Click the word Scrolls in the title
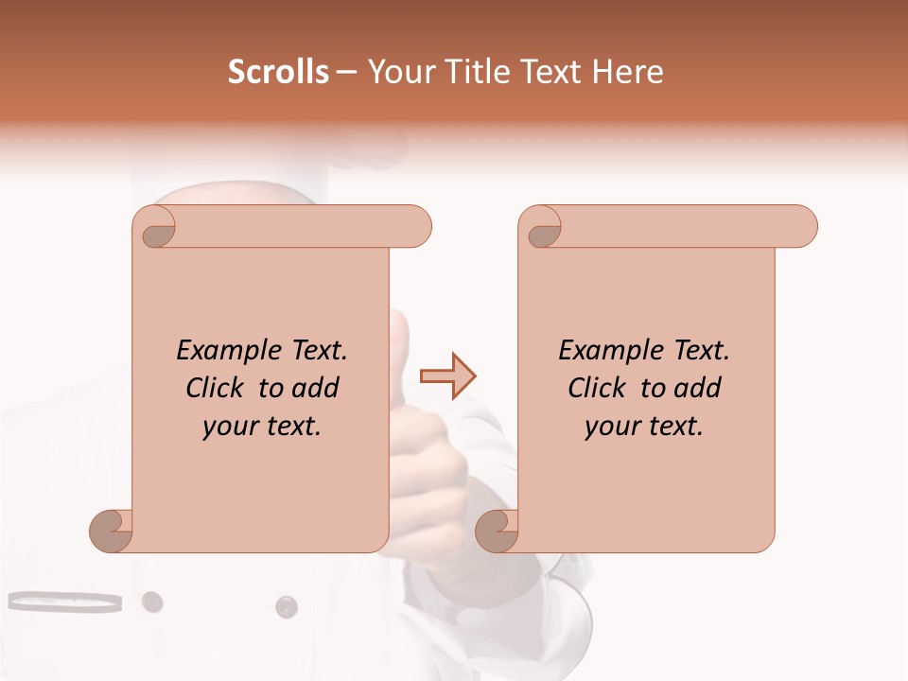pyautogui.click(x=278, y=72)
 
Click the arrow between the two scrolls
pyautogui.click(x=447, y=376)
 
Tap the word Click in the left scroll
pyautogui.click(x=218, y=388)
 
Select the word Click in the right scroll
pyautogui.click(x=600, y=388)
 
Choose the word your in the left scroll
pyautogui.click(x=229, y=427)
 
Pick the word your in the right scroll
pyautogui.click(x=611, y=427)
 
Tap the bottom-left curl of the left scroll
pyautogui.click(x=112, y=530)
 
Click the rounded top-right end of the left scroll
pyautogui.click(x=416, y=226)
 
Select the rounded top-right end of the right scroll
pyautogui.click(x=802, y=226)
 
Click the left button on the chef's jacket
pyautogui.click(x=151, y=602)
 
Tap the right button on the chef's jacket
pyautogui.click(x=286, y=606)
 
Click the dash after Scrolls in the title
pyautogui.click(x=347, y=73)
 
